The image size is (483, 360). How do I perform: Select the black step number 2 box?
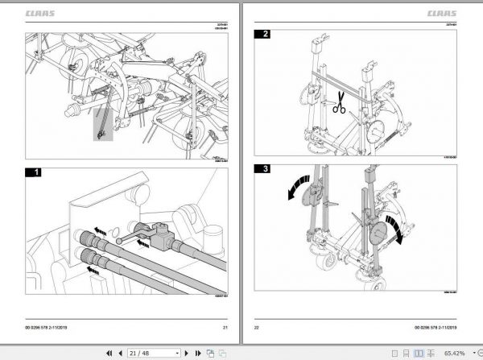pyautogui.click(x=262, y=34)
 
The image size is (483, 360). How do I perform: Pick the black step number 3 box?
pyautogui.click(x=262, y=169)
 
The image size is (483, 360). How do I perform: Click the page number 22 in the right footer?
pyautogui.click(x=258, y=328)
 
